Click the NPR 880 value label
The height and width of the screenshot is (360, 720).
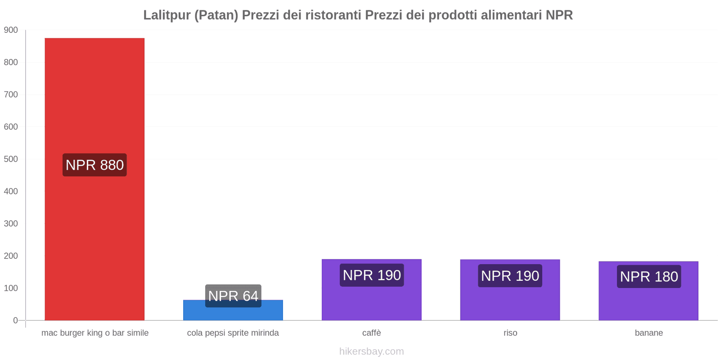pyautogui.click(x=94, y=165)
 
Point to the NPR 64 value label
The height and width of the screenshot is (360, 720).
pyautogui.click(x=233, y=296)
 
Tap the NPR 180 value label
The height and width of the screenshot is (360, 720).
pyautogui.click(x=648, y=276)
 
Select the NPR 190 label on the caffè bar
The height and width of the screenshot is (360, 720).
pyautogui.click(x=372, y=275)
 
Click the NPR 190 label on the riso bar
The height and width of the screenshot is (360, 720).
pyautogui.click(x=510, y=275)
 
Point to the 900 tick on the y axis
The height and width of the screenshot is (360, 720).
pyautogui.click(x=11, y=30)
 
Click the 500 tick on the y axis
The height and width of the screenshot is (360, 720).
pyautogui.click(x=11, y=159)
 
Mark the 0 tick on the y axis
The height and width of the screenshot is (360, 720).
pyautogui.click(x=15, y=320)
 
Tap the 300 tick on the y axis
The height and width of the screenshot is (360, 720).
pyautogui.click(x=11, y=224)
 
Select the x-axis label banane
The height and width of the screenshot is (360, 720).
pyautogui.click(x=648, y=333)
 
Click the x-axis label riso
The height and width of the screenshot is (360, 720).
pyautogui.click(x=510, y=333)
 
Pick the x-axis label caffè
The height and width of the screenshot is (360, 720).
pyautogui.click(x=372, y=333)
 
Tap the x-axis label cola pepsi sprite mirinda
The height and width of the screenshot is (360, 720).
pyautogui.click(x=233, y=333)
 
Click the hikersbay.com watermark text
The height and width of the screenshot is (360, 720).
pyautogui.click(x=372, y=351)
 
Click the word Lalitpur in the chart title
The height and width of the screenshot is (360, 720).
pyautogui.click(x=166, y=15)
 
